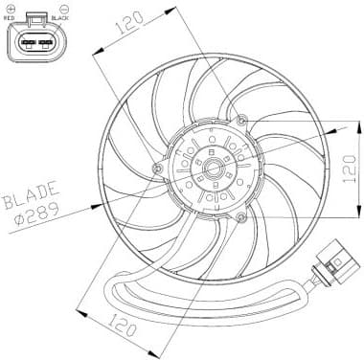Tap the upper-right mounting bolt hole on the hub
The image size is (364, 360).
coord(241,120)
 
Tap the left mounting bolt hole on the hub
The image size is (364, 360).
coord(157,169)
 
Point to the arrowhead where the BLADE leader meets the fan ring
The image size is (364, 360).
coord(102,202)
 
